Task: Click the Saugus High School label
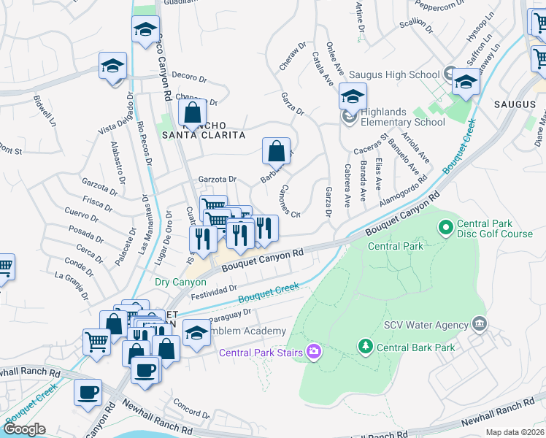[x=394, y=74]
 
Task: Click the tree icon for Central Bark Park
[x=364, y=345]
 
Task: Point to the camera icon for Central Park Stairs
[x=314, y=352]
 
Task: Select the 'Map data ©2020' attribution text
[x=515, y=432]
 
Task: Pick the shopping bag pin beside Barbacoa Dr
[x=277, y=152]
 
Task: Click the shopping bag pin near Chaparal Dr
[x=192, y=114]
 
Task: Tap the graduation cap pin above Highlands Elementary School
[x=352, y=96]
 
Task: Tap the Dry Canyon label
[x=180, y=281]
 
